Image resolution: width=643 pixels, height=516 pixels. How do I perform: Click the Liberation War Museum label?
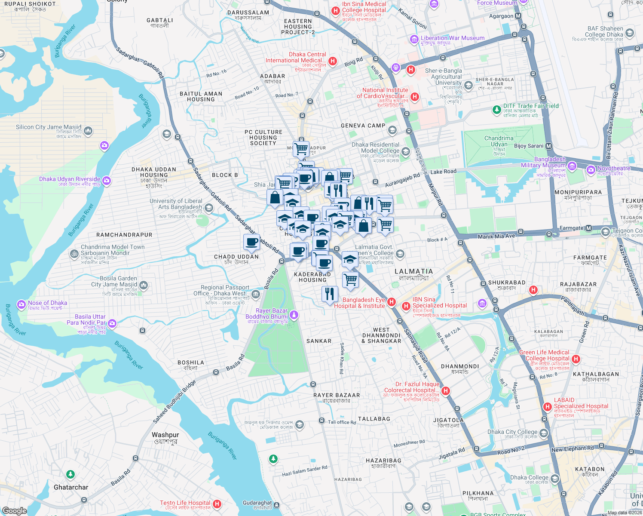coord(452,38)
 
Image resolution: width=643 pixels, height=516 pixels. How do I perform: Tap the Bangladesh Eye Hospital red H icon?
coord(391,302)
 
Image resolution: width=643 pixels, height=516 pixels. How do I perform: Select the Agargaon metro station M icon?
coord(518,16)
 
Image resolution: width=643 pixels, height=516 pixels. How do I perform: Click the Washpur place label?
coord(165,435)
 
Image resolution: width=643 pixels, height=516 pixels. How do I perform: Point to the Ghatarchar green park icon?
coord(70,474)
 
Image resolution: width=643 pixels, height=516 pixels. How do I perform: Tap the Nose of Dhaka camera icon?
coord(21,305)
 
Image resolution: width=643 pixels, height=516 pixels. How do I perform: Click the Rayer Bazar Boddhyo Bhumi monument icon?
coord(294,315)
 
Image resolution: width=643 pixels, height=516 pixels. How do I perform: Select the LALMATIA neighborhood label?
coord(413,271)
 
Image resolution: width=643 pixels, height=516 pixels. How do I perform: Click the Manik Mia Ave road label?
coord(496,236)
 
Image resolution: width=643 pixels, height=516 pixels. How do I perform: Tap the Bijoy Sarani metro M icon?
coord(548,146)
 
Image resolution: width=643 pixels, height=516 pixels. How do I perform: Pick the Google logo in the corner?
coord(14,510)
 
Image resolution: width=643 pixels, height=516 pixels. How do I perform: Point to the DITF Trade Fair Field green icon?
coord(496,110)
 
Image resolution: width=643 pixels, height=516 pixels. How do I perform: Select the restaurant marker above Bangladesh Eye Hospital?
coord(329,294)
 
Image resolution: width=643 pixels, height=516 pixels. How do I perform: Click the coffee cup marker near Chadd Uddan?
coord(251,242)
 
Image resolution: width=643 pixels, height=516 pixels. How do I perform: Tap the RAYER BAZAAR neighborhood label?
coord(337,395)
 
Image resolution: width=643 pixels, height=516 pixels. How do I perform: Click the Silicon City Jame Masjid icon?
coord(88,130)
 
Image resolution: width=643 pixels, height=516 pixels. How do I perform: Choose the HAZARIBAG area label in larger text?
coord(383,461)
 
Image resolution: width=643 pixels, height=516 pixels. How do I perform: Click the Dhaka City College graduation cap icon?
coord(544,433)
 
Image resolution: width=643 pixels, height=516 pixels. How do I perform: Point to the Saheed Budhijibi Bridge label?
coord(174,402)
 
